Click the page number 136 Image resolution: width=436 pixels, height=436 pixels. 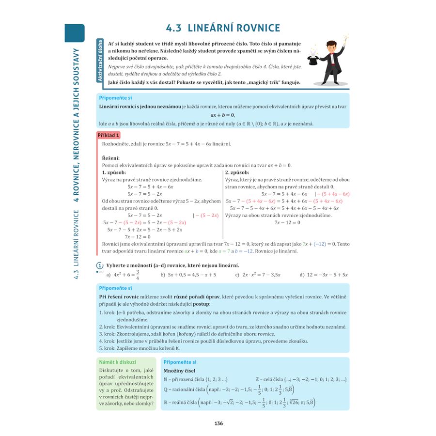(x=218, y=423)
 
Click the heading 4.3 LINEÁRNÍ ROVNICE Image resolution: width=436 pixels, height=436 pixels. (x=222, y=28)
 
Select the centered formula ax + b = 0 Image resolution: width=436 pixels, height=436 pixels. (x=222, y=115)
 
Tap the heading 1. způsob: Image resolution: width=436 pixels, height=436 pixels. (x=114, y=172)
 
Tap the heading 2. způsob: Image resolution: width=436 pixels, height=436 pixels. (x=237, y=172)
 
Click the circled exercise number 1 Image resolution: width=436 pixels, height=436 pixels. (x=100, y=265)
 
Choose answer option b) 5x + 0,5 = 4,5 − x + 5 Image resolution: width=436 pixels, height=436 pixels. (x=188, y=275)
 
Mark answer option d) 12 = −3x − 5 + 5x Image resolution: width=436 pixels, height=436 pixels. (x=324, y=275)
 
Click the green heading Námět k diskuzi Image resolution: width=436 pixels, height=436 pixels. (x=117, y=362)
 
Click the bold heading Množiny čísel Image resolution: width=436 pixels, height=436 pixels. (x=180, y=371)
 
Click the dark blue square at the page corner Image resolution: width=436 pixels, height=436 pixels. (x=75, y=33)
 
